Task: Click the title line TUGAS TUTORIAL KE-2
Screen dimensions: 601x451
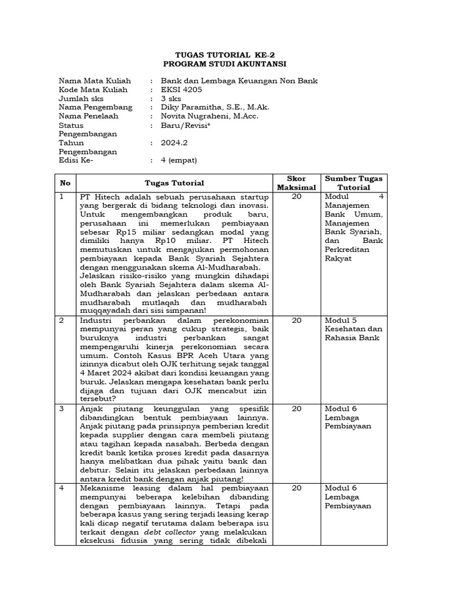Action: coord(225,54)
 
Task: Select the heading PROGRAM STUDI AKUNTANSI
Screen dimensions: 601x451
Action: coord(225,63)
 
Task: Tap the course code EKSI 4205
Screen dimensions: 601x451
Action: coord(181,90)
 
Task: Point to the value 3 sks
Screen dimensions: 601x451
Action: coord(171,99)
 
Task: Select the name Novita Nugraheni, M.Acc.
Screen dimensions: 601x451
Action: coord(210,116)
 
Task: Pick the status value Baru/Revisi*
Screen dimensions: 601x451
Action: coord(186,125)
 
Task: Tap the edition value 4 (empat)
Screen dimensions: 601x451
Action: coord(180,160)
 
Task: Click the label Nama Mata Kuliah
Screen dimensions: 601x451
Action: coord(95,81)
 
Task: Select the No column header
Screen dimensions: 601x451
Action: coord(65,183)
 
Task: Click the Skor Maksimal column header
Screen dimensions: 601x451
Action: coord(296,183)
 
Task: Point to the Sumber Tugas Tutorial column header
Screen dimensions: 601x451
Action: coord(354,183)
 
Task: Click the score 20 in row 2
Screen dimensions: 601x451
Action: coord(296,320)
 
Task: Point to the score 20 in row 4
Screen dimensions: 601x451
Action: coord(296,488)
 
